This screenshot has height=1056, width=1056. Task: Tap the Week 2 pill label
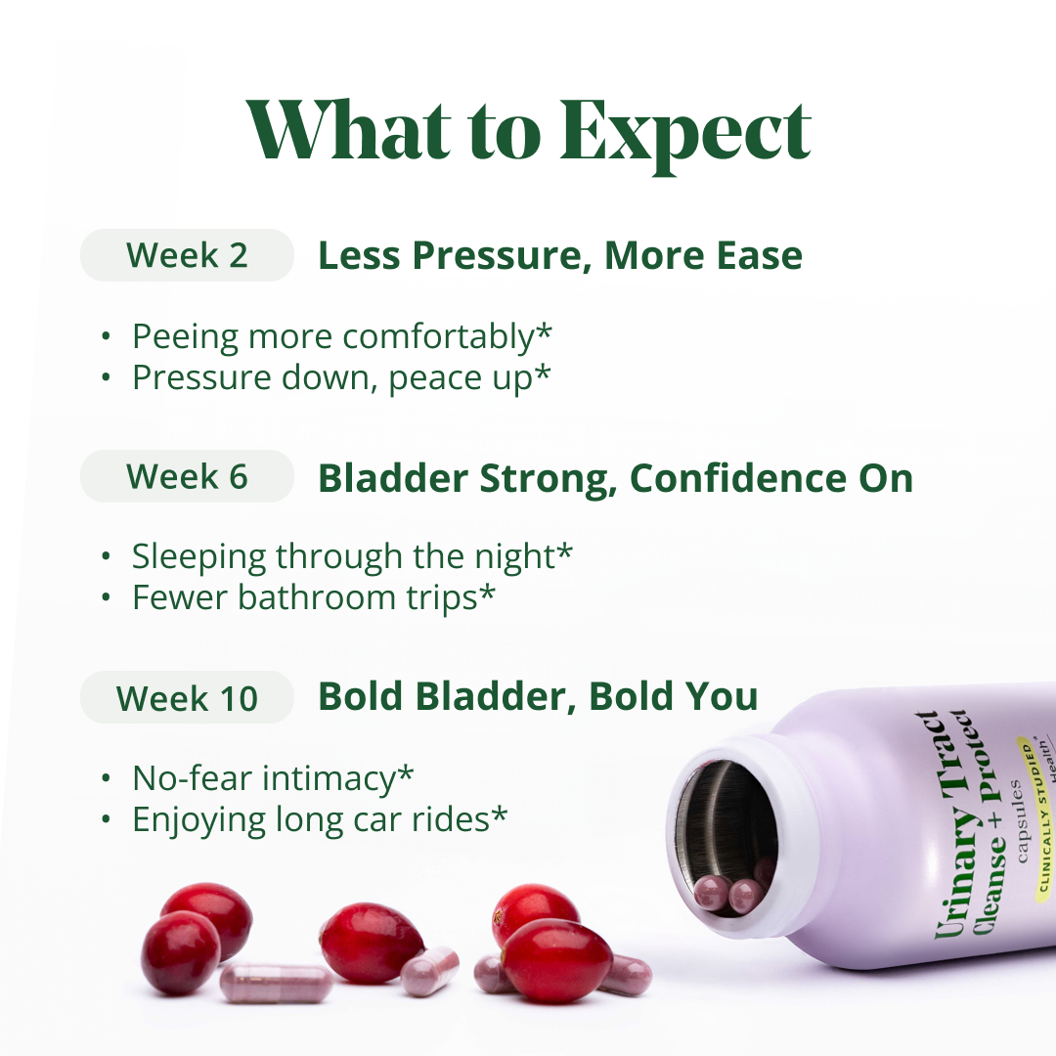(x=187, y=255)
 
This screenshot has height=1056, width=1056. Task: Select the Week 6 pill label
(x=187, y=476)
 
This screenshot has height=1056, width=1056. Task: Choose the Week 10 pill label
(x=187, y=698)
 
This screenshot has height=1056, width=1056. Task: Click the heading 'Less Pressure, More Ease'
(x=560, y=255)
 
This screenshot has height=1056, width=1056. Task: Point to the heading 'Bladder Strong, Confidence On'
(x=615, y=477)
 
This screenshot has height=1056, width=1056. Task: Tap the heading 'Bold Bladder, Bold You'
(x=538, y=696)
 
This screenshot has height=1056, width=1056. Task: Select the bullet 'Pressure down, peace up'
(x=341, y=378)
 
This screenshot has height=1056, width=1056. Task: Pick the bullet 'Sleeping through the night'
(x=352, y=556)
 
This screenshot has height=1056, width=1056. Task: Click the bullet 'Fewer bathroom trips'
(x=314, y=597)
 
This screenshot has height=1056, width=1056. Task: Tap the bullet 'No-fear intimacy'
(x=273, y=778)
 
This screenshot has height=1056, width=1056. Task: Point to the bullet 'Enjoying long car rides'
(x=320, y=819)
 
